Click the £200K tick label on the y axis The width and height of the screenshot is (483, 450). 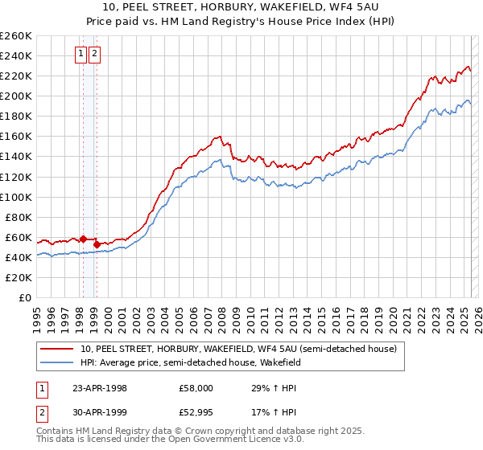[x=16, y=96]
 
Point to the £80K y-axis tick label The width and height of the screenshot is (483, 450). [x=19, y=217]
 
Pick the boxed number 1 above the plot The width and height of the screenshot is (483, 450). [x=81, y=54]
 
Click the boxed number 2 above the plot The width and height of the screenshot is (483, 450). [x=94, y=54]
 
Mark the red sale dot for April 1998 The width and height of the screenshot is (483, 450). [x=83, y=239]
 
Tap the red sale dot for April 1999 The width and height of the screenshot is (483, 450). [x=97, y=243]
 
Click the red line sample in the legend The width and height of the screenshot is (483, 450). [x=56, y=350]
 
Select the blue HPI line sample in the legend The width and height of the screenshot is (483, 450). [x=56, y=362]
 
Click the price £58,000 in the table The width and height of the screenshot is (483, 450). [x=196, y=388]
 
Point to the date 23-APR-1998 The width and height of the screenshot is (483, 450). [x=100, y=388]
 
